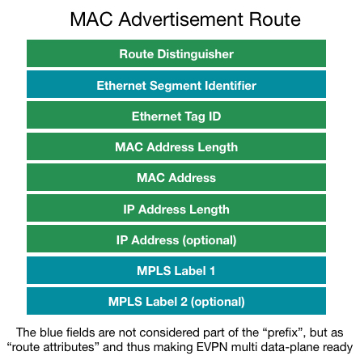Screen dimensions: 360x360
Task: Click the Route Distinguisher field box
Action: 176,53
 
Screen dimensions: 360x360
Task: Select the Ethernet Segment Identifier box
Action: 176,84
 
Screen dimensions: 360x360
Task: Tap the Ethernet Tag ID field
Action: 176,115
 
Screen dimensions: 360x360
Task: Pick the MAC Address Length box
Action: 176,146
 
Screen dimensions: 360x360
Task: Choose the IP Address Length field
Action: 176,208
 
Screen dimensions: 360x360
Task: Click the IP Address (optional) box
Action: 176,239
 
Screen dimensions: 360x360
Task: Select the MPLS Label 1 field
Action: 176,270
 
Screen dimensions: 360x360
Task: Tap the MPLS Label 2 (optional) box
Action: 176,301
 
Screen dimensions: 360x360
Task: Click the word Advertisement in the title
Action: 180,19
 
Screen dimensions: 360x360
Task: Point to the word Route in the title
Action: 274,19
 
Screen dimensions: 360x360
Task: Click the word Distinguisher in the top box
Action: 196,54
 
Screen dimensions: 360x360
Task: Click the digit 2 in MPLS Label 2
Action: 184,302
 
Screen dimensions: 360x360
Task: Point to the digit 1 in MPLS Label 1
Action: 213,271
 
